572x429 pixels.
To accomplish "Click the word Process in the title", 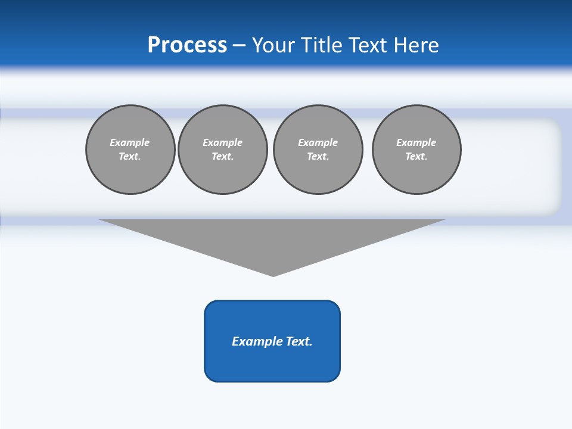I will click(x=187, y=45).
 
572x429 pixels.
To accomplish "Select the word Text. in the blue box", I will click(x=299, y=341).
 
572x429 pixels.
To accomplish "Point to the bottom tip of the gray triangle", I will click(x=273, y=275).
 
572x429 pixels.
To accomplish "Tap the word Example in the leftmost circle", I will click(x=130, y=142).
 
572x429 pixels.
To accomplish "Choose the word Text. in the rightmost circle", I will click(x=416, y=157).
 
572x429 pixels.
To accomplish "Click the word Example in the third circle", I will click(x=318, y=142).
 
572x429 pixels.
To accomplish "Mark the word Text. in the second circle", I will click(x=223, y=157).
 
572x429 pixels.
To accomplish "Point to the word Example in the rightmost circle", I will click(x=416, y=142).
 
